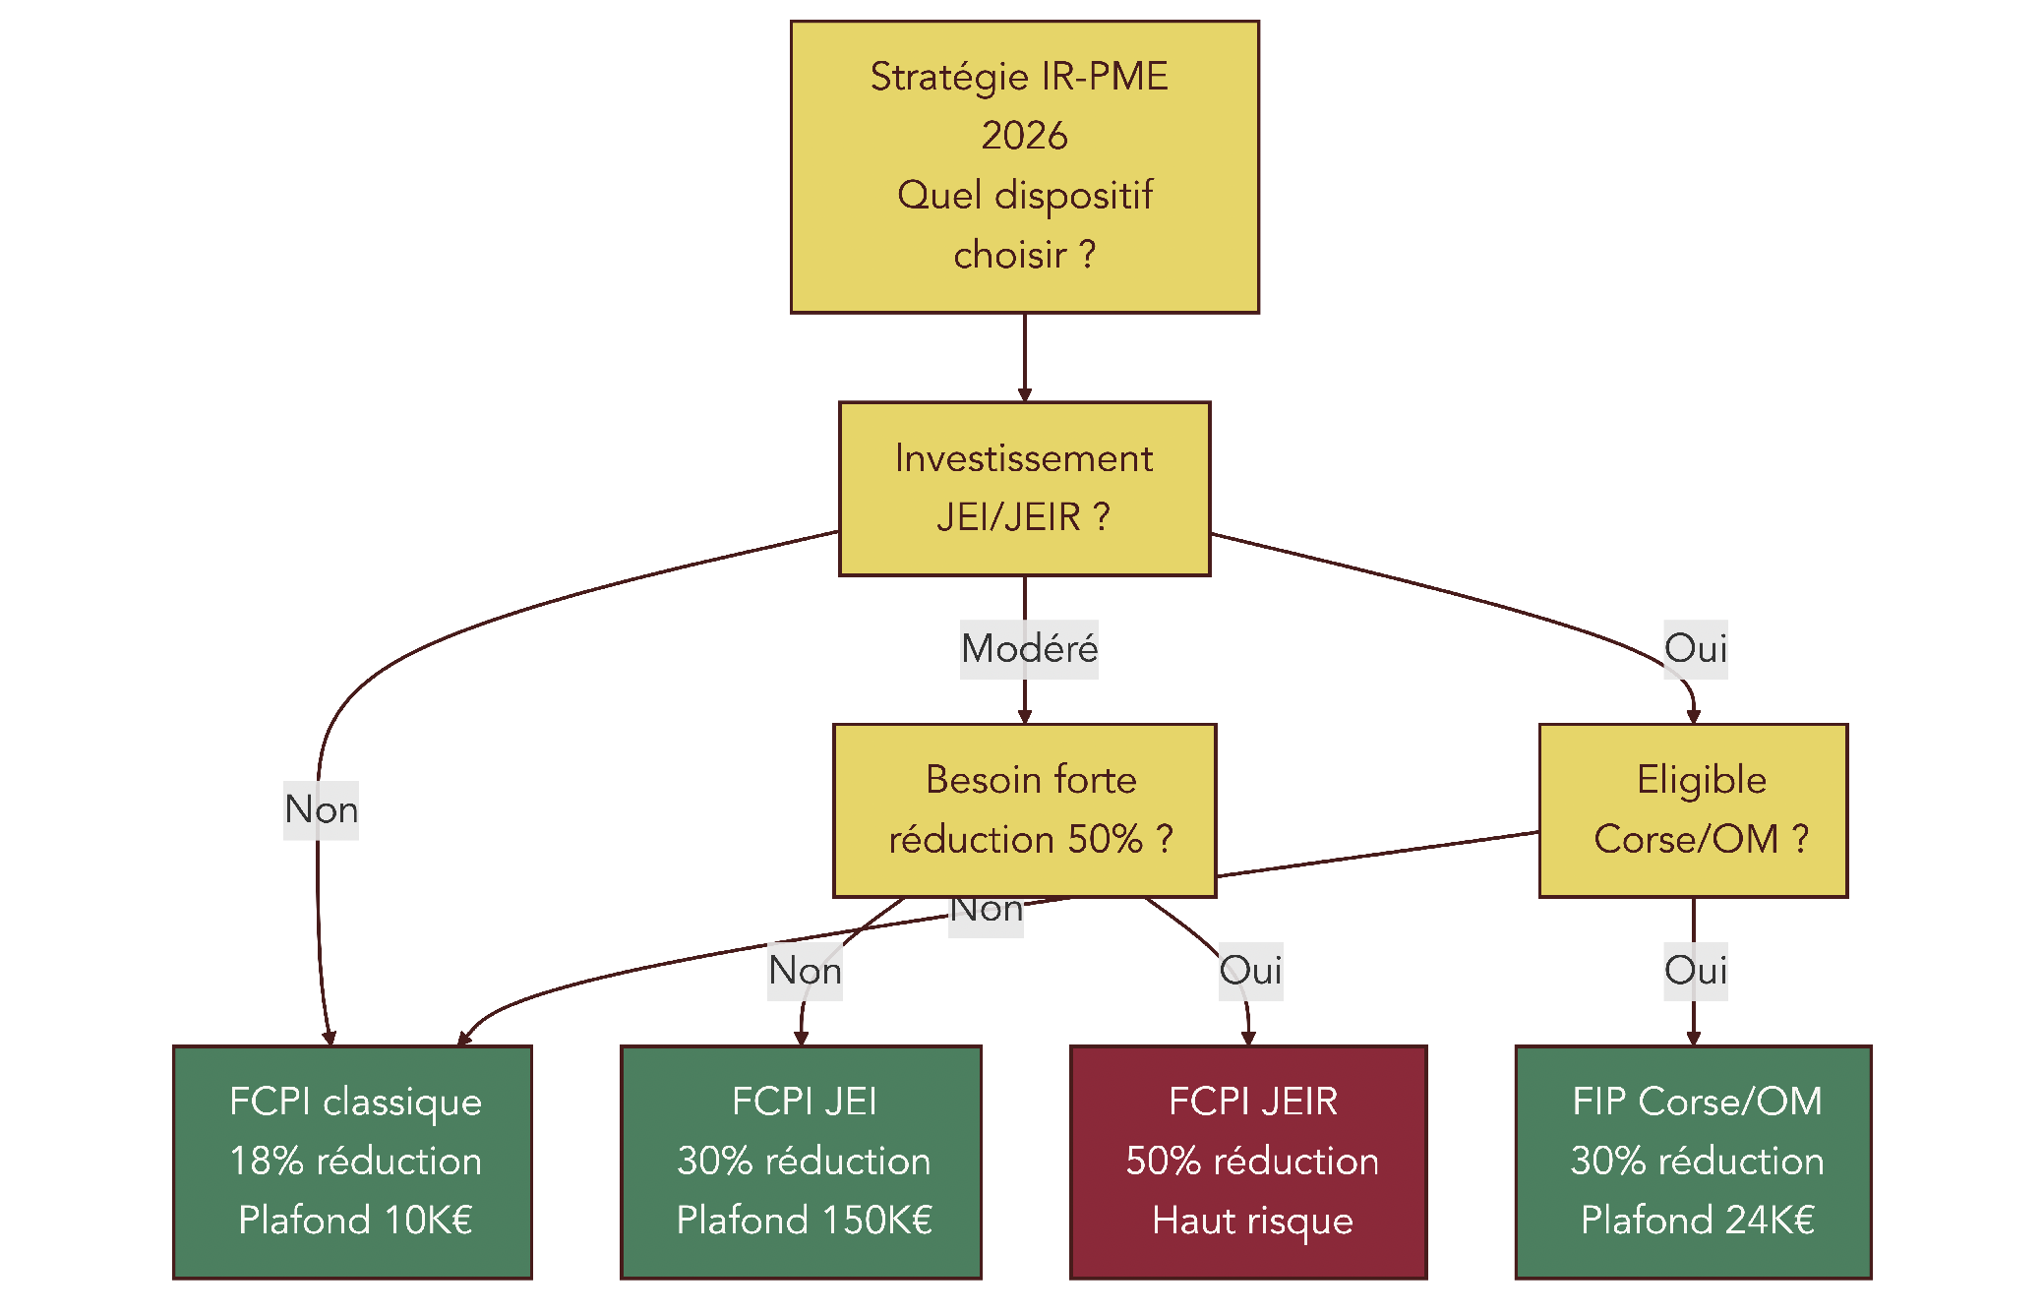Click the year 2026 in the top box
click(x=1024, y=136)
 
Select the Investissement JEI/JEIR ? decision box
click(x=1024, y=488)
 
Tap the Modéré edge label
click(x=1029, y=649)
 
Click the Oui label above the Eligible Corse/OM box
click(x=1695, y=649)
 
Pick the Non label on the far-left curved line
click(x=321, y=809)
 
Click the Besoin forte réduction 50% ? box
click(x=1024, y=809)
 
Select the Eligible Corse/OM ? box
click(x=1693, y=809)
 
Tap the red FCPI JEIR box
click(x=1248, y=1162)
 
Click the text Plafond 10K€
click(x=355, y=1221)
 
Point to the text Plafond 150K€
click(x=804, y=1221)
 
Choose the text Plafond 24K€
click(x=1697, y=1221)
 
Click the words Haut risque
click(x=1252, y=1221)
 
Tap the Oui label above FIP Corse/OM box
click(x=1695, y=971)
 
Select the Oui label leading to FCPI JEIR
click(x=1250, y=971)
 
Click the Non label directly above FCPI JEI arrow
click(x=805, y=971)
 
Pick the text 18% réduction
click(x=355, y=1162)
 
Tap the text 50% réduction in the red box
click(x=1252, y=1162)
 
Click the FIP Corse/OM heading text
click(x=1697, y=1102)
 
